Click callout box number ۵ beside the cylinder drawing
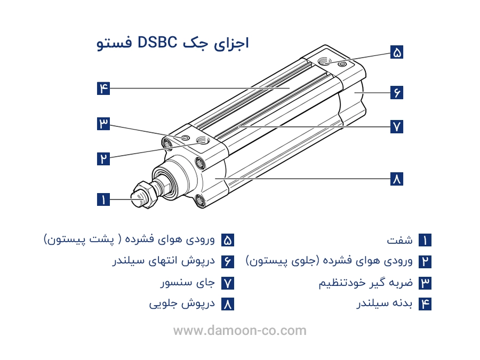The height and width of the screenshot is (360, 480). click(x=396, y=52)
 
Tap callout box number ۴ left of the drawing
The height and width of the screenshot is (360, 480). click(x=103, y=88)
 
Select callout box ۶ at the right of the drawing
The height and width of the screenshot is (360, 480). click(x=396, y=92)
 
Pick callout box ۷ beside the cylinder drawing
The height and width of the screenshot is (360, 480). click(x=396, y=126)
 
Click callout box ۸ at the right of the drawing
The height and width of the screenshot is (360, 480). click(x=396, y=179)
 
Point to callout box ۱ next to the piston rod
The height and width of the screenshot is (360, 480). click(x=103, y=200)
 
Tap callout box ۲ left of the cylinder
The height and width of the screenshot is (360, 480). click(x=103, y=158)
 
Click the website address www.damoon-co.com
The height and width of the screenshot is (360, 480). click(x=240, y=331)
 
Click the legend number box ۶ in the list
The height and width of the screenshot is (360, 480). click(x=228, y=262)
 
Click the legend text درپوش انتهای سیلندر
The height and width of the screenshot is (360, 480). click(x=164, y=262)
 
